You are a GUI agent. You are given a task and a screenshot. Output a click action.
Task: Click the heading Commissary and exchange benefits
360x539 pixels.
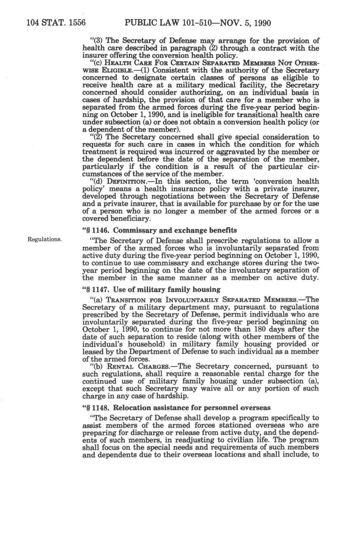tap(175, 230)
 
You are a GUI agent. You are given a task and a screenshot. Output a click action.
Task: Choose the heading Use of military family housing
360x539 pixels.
tap(167, 289)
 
